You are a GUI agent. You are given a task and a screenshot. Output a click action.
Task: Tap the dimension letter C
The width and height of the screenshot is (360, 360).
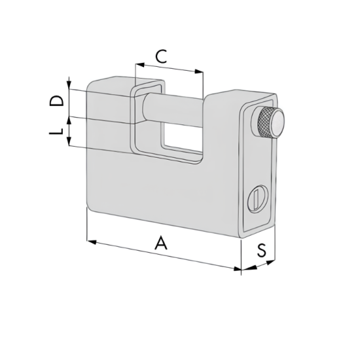click(161, 56)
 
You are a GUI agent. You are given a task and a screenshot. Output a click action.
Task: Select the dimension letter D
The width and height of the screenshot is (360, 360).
click(56, 101)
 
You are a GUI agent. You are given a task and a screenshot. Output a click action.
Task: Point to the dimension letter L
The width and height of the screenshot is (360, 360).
click(56, 131)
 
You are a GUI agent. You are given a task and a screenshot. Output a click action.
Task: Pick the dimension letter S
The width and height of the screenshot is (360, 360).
click(262, 250)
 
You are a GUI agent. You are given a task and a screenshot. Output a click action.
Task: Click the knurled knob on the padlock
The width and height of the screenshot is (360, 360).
click(270, 122)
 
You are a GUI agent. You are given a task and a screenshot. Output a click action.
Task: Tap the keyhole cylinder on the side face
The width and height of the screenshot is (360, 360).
click(258, 198)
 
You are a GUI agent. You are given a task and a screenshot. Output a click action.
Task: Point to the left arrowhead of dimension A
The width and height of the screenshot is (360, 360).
click(92, 242)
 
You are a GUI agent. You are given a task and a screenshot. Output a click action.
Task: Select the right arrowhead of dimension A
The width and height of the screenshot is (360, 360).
click(237, 268)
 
